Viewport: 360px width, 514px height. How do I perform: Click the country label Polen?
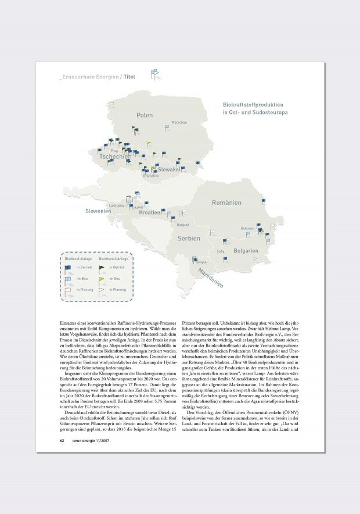pyautogui.click(x=145, y=115)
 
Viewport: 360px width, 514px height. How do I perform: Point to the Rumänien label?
pyautogui.click(x=226, y=203)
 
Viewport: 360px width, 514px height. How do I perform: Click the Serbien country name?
pyautogui.click(x=189, y=239)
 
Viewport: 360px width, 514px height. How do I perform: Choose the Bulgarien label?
pyautogui.click(x=246, y=251)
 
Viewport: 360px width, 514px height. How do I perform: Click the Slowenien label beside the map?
pyautogui.click(x=98, y=211)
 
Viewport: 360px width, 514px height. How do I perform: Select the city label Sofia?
pyautogui.click(x=220, y=251)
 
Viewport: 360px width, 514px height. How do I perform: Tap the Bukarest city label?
pyautogui.click(x=247, y=228)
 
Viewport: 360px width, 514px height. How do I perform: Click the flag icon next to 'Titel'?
pyautogui.click(x=154, y=74)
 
